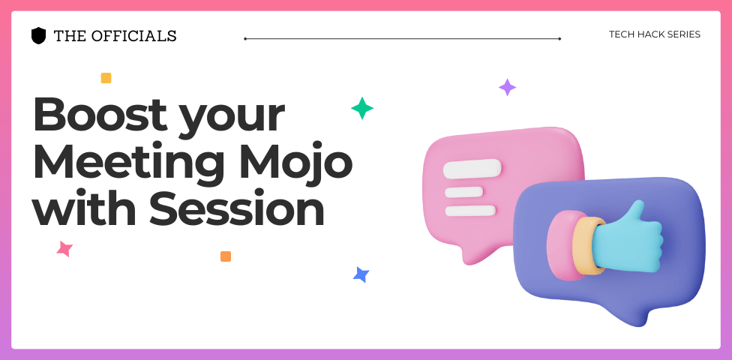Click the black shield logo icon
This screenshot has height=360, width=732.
tap(38, 36)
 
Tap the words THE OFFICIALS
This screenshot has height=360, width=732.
tap(115, 36)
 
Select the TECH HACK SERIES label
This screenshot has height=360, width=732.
tap(655, 34)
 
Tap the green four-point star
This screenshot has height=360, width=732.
tap(362, 108)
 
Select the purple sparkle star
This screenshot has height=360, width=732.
tap(507, 87)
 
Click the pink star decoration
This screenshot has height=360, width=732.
tap(64, 248)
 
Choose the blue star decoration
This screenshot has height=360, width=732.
tap(361, 274)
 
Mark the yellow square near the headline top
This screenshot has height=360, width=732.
tap(106, 78)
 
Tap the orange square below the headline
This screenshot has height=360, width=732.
tap(226, 256)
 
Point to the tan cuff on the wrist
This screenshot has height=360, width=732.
tap(585, 245)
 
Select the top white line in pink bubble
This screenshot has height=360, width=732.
tap(472, 169)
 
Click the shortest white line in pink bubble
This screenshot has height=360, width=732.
tap(463, 192)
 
